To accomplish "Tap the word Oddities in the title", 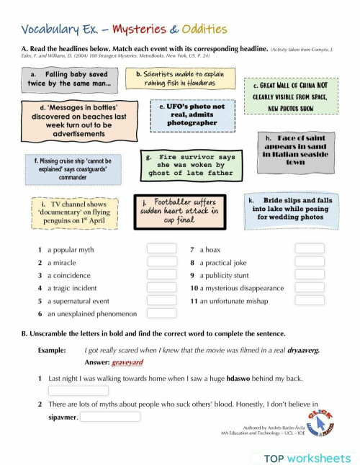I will [204, 30].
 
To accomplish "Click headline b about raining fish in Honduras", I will [180, 78].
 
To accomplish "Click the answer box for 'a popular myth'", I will [162, 249].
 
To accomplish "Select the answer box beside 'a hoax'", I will [310, 249].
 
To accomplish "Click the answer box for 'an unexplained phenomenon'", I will [162, 314].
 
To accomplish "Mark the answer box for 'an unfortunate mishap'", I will [310, 301].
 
